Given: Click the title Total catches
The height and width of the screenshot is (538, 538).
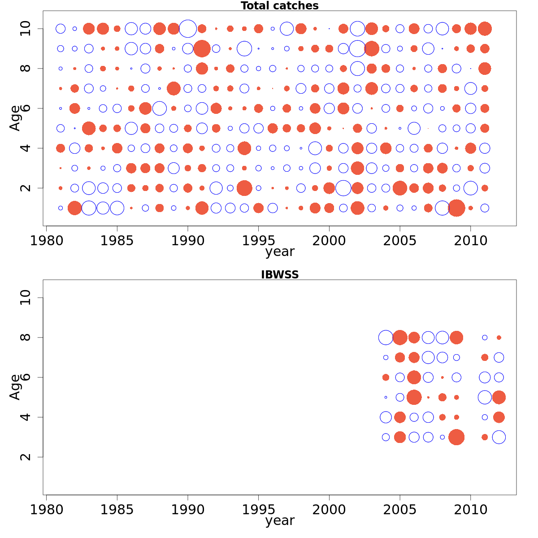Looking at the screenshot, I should (279, 6).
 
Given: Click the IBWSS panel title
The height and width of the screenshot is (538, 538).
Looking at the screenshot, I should (279, 275).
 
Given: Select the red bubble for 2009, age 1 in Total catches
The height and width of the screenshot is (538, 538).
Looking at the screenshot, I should (456, 208).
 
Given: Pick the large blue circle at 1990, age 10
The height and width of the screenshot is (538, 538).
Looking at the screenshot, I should (188, 29).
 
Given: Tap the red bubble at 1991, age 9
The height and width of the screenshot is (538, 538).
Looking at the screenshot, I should (202, 48).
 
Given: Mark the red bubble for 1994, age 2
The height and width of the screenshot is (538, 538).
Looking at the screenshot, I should (244, 188).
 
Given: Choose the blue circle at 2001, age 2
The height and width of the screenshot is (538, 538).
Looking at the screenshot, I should (343, 188).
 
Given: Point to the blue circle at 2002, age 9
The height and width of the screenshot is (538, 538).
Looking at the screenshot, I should (357, 48).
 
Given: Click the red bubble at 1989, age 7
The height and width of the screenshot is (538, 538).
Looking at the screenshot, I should (174, 88).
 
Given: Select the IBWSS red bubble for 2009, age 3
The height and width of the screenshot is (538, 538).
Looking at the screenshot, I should (456, 437).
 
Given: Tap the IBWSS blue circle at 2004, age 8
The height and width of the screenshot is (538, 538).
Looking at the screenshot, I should (386, 338).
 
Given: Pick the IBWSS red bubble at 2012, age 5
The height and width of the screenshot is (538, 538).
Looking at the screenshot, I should (499, 397).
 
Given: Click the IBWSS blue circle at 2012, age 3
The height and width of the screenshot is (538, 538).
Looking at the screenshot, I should (499, 437).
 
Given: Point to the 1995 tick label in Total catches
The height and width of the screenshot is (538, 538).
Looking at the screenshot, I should (259, 241).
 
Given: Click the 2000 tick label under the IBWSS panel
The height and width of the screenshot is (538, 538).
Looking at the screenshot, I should (329, 510).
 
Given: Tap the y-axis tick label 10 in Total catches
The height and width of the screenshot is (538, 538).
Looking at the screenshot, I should (26, 29).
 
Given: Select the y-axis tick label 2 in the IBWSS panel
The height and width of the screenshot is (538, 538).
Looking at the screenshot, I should (26, 457).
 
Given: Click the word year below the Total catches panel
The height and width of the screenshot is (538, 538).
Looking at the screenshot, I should (280, 252).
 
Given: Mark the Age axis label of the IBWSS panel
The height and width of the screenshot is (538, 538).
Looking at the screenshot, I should (15, 387).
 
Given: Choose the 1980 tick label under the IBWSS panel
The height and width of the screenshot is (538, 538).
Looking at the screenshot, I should (46, 510).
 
